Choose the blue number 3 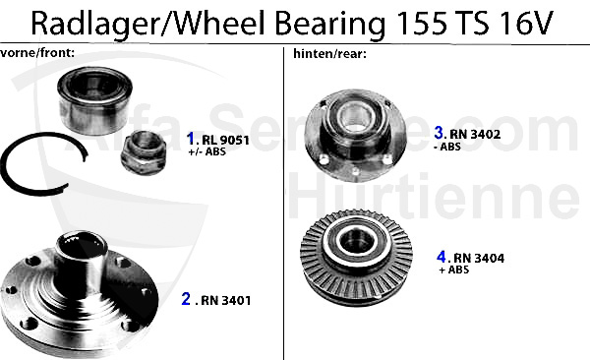coord(440,131)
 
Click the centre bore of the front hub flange coord(81,245)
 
